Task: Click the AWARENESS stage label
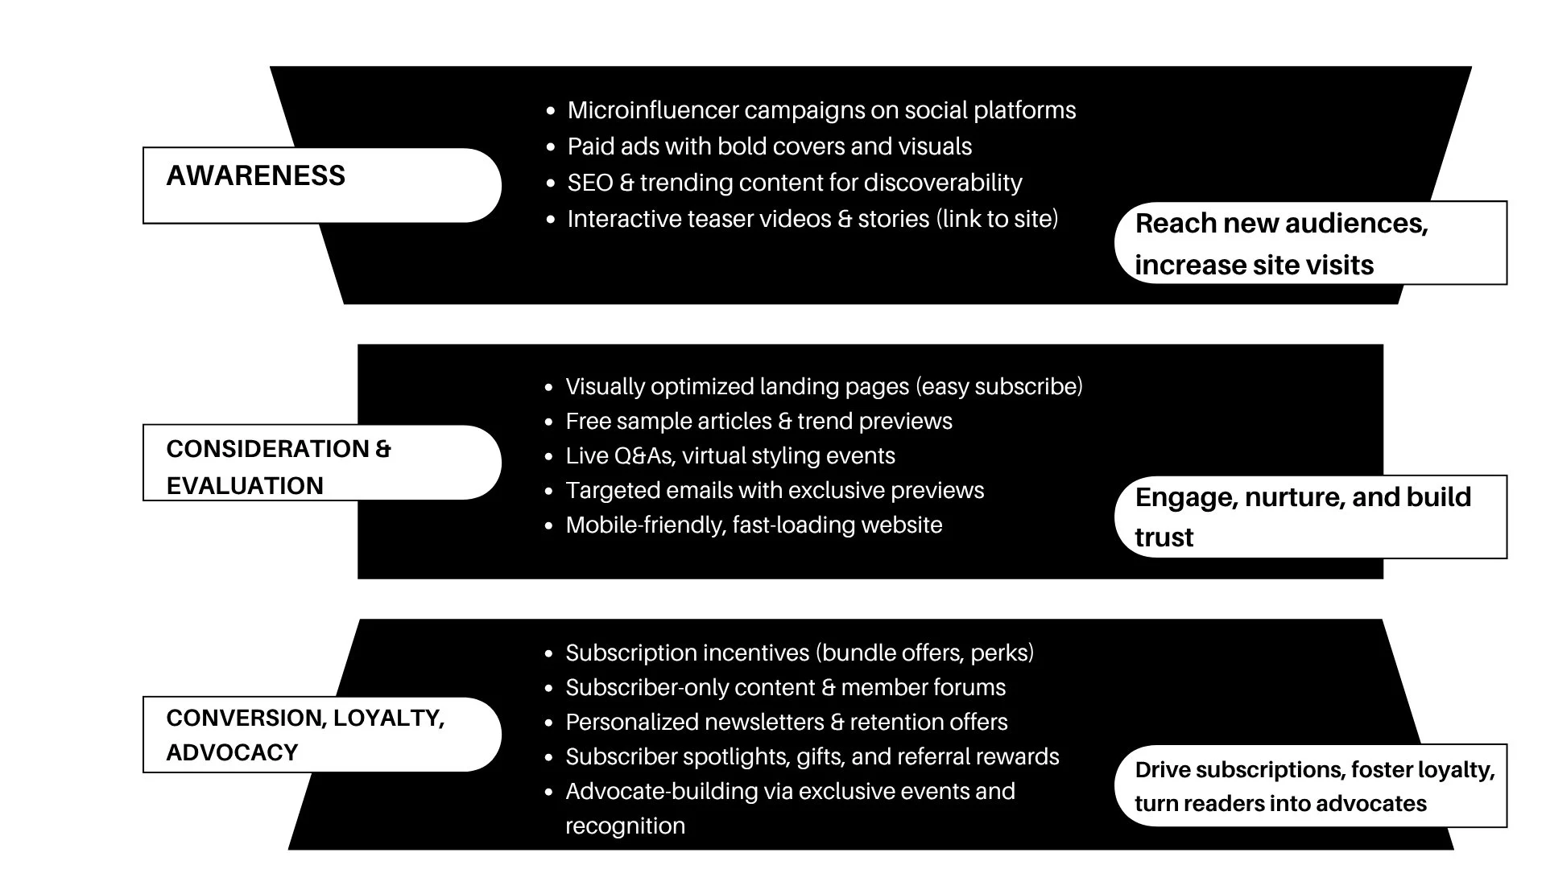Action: pos(255,175)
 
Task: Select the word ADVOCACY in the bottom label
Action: pos(232,752)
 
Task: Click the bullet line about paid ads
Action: pos(769,146)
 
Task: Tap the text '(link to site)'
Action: pos(997,219)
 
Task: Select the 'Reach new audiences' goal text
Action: pos(1280,224)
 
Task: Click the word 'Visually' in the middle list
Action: pos(605,387)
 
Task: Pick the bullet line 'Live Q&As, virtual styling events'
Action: pos(730,456)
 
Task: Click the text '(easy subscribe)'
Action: pos(998,387)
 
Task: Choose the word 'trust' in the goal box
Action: pos(1164,537)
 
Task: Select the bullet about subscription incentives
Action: pos(799,653)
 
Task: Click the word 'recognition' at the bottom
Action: pos(625,826)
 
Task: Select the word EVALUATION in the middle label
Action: pos(245,486)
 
